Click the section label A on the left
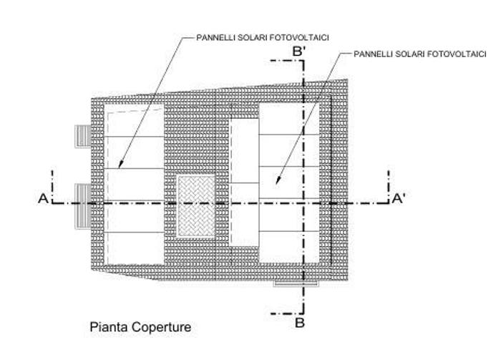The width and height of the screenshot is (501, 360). pos(43,198)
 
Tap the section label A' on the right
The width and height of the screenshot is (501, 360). pos(399,198)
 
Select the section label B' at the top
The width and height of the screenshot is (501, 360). pos(299,52)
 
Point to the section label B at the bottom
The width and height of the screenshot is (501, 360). pos(299,323)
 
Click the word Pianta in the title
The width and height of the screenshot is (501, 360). pos(110,327)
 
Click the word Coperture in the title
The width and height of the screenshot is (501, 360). pos(161,327)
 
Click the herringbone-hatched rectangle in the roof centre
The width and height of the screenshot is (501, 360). pos(196,205)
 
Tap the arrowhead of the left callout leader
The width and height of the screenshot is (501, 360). pos(120,164)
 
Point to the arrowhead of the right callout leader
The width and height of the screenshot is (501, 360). pos(278,180)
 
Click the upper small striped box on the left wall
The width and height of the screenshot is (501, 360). pos(83,137)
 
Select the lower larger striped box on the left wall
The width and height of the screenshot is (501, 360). pos(83,206)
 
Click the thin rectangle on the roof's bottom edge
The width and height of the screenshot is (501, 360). pos(296,283)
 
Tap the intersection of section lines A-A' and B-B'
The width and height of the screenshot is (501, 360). pos(303,203)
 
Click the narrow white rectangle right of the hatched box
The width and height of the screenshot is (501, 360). pos(245,182)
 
